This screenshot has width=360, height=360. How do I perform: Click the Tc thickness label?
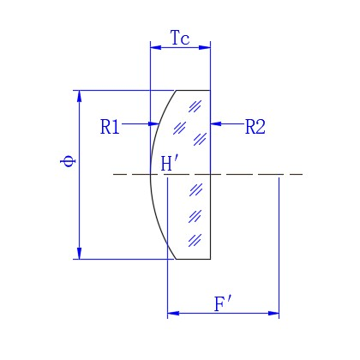tap(180, 38)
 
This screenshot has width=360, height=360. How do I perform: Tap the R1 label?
tap(110, 127)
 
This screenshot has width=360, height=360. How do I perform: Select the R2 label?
tap(255, 127)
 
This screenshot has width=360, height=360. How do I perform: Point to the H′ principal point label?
tap(170, 163)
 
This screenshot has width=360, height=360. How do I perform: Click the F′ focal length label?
tap(223, 304)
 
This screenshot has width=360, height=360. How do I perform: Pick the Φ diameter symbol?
tap(68, 161)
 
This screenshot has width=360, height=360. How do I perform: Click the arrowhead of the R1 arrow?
tap(153, 124)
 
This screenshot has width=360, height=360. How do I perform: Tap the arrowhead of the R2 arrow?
tap(216, 124)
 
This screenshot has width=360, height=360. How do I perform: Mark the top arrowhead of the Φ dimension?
tap(80, 96)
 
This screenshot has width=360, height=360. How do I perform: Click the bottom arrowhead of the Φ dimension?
tap(80, 254)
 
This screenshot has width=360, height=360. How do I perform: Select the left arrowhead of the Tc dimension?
tap(156, 47)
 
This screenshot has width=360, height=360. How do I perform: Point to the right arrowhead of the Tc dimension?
tap(205, 47)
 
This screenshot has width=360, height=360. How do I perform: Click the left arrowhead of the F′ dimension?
tap(173, 314)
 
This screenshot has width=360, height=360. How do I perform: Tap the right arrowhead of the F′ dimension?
tap(273, 314)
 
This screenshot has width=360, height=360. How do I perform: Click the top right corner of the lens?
tap(211, 91)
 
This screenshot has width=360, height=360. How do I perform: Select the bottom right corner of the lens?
tap(211, 259)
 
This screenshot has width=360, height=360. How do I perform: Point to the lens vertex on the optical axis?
tap(151, 174)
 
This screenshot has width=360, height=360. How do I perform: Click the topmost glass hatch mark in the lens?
tap(195, 106)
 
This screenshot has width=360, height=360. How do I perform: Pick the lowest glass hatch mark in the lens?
tap(195, 241)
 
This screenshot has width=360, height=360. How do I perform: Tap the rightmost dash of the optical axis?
tap(297, 174)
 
